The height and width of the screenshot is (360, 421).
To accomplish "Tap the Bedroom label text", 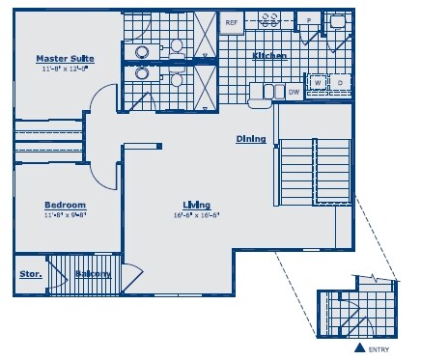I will pos(66,205).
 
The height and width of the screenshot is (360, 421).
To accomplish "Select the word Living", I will pos(197,205).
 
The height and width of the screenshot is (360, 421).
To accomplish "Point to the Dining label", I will pos(251,139).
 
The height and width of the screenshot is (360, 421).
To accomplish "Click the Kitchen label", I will pos(269,56).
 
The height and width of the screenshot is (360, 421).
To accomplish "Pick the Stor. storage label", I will pos(30,274).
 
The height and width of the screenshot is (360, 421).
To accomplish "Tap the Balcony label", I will pos(93,274).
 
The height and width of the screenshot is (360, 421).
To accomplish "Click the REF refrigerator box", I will pos(232,21).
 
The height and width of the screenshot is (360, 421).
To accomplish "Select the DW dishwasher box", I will pos(294,92).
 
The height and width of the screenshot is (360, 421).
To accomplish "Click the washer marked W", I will pos(318,84).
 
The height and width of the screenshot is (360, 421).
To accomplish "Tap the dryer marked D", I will pos(339,84).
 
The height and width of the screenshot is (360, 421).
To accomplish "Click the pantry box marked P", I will pos(308,19).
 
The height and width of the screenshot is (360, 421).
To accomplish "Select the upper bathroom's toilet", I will pos(177,46).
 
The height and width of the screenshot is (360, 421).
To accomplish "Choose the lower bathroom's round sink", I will pos(142,72).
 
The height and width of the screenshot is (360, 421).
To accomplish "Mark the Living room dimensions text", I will pos(197,215).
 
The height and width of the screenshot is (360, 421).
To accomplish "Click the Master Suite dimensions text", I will pos(64,69).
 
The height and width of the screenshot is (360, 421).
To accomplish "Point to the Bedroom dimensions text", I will pos(66,215).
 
